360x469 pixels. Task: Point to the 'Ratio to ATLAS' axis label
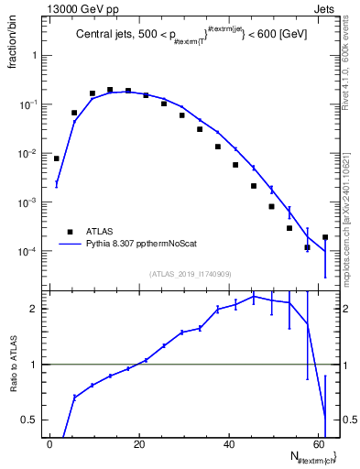12,365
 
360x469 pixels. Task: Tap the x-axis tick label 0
49,442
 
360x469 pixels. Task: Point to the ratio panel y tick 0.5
27,420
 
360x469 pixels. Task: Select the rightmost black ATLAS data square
325,237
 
